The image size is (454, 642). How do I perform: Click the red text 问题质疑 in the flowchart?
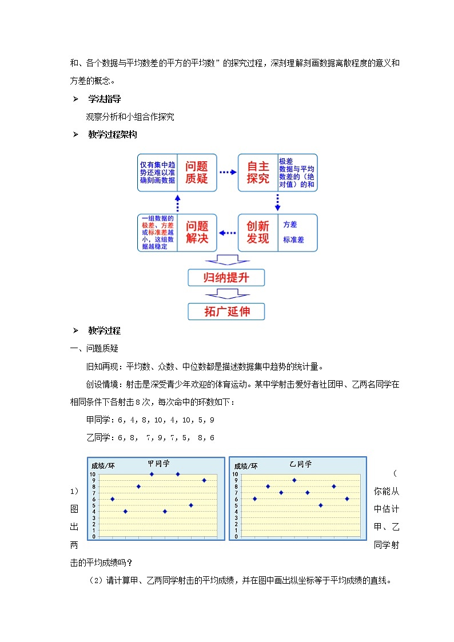pyautogui.click(x=197, y=172)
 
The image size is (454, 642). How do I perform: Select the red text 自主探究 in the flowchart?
pyautogui.click(x=258, y=172)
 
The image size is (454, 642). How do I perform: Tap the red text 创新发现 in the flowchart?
pyautogui.click(x=258, y=232)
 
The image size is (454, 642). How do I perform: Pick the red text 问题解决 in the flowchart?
pyautogui.click(x=197, y=232)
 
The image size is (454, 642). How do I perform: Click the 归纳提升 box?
pyautogui.click(x=226, y=278)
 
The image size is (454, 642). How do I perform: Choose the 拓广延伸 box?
pyautogui.click(x=226, y=312)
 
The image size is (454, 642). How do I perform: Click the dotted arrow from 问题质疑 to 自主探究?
pyautogui.click(x=228, y=172)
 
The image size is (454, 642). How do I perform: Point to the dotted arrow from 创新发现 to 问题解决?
pyautogui.click(x=228, y=233)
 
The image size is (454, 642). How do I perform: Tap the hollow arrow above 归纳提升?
pyautogui.click(x=227, y=261)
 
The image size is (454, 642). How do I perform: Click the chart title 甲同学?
pyautogui.click(x=158, y=464)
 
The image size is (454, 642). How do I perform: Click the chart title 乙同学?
pyautogui.click(x=301, y=464)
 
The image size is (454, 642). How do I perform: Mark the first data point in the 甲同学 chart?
pyautogui.click(x=112, y=499)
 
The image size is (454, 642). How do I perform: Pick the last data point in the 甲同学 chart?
pyautogui.click(x=204, y=480)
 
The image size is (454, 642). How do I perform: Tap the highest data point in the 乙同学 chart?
pyautogui.click(x=294, y=480)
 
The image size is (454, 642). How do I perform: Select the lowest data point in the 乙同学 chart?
pyautogui.click(x=321, y=505)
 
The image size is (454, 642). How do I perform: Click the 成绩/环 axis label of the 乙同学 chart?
pyautogui.click(x=246, y=466)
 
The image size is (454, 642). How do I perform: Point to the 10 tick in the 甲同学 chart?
pyautogui.click(x=93, y=474)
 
